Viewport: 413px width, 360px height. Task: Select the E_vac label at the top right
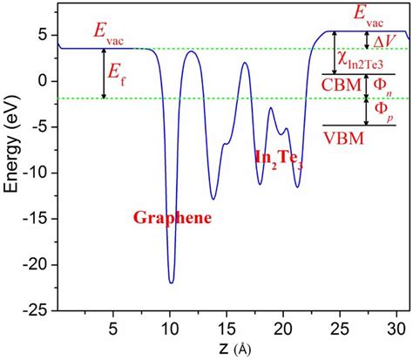(x=370, y=12)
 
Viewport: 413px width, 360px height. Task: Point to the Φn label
(x=383, y=86)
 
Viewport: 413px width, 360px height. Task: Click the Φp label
(x=383, y=112)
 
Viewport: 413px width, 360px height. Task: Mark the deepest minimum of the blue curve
(x=172, y=282)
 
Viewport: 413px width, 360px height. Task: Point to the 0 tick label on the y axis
(x=44, y=80)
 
